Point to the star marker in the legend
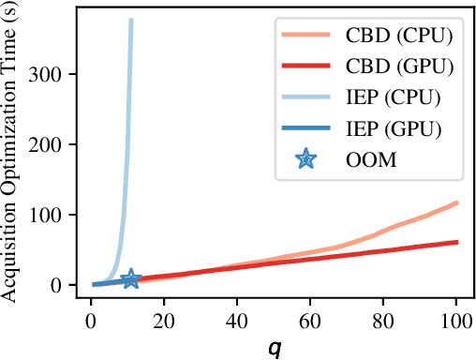click(x=305, y=158)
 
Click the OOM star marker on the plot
click(x=130, y=278)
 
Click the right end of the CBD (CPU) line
click(x=456, y=202)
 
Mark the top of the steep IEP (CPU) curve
click(x=131, y=20)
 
